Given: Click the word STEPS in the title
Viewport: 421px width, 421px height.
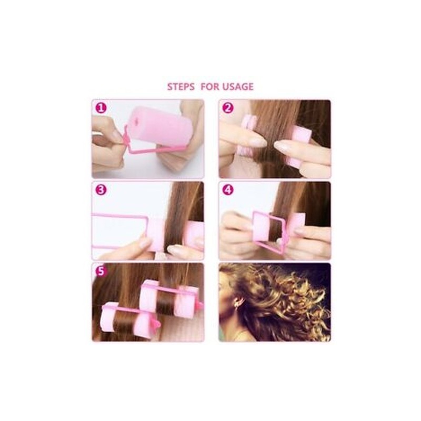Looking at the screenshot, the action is pos(181,87).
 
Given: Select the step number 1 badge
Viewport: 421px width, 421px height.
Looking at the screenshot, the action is pos(101,108).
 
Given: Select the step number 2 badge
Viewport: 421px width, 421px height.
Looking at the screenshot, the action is pos(228,108).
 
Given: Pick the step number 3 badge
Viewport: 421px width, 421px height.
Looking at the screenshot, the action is pos(101,190).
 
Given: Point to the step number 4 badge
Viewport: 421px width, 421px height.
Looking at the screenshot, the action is pos(228,190).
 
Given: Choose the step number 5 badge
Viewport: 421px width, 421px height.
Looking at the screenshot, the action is pos(101,271).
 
